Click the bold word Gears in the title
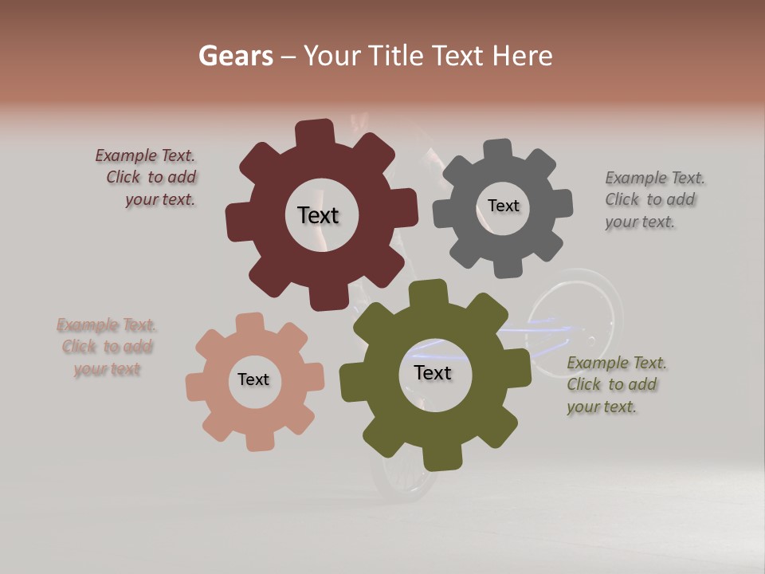coord(236,56)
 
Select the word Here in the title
coord(522,56)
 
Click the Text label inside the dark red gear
coord(318,215)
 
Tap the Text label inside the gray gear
coord(503,206)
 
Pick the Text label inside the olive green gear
coord(433,373)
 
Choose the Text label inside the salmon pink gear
coord(253,379)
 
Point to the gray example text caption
coord(653,199)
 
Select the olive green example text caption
coord(615,384)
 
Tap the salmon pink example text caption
coord(107,347)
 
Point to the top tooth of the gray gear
coord(498,150)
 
